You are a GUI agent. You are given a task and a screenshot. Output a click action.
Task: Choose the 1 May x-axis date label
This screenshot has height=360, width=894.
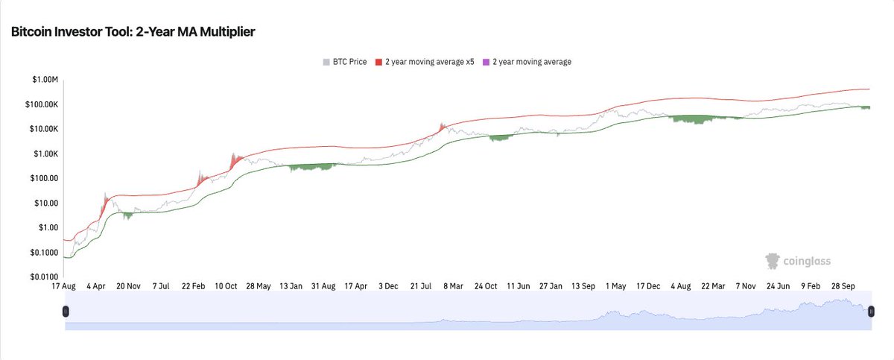[x=618, y=285]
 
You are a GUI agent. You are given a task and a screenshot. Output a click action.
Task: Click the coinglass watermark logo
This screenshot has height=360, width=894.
[x=798, y=261]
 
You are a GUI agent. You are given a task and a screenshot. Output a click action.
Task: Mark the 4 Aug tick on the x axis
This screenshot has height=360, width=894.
[x=683, y=285]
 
